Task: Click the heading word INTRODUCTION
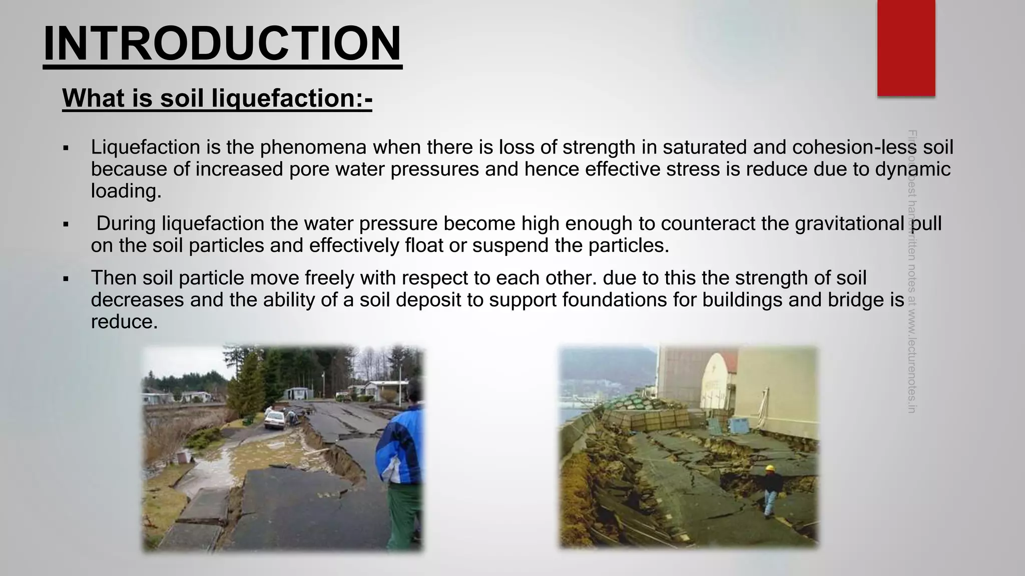222,44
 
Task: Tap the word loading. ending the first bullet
126,191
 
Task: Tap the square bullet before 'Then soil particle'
66,278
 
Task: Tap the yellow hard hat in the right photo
770,468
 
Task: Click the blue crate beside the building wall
739,425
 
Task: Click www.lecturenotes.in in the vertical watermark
911,360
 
